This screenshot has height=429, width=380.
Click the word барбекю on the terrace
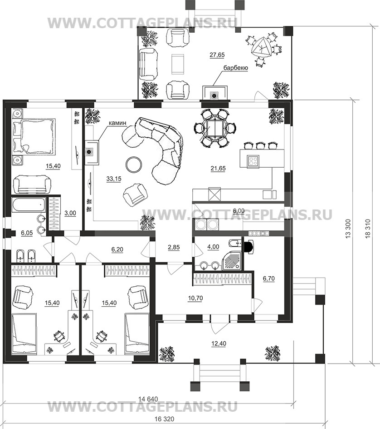236,68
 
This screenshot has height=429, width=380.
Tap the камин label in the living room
117,123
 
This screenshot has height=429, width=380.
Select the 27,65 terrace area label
217,55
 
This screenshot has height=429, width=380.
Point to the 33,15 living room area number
114,179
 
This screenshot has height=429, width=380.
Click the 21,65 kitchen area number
218,168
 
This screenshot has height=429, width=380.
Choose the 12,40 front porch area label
219,344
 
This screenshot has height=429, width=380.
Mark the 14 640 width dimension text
148,399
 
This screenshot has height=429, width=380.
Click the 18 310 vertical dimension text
368,229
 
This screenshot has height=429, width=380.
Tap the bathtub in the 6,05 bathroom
29,205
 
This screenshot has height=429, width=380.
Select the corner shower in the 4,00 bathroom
232,260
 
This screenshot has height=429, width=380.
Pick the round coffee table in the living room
134,165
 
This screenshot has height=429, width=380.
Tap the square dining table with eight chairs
215,128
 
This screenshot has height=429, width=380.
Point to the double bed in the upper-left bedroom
34,136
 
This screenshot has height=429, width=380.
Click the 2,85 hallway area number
174,247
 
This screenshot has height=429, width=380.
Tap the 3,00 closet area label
70,213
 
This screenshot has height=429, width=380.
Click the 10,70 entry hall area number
195,298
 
